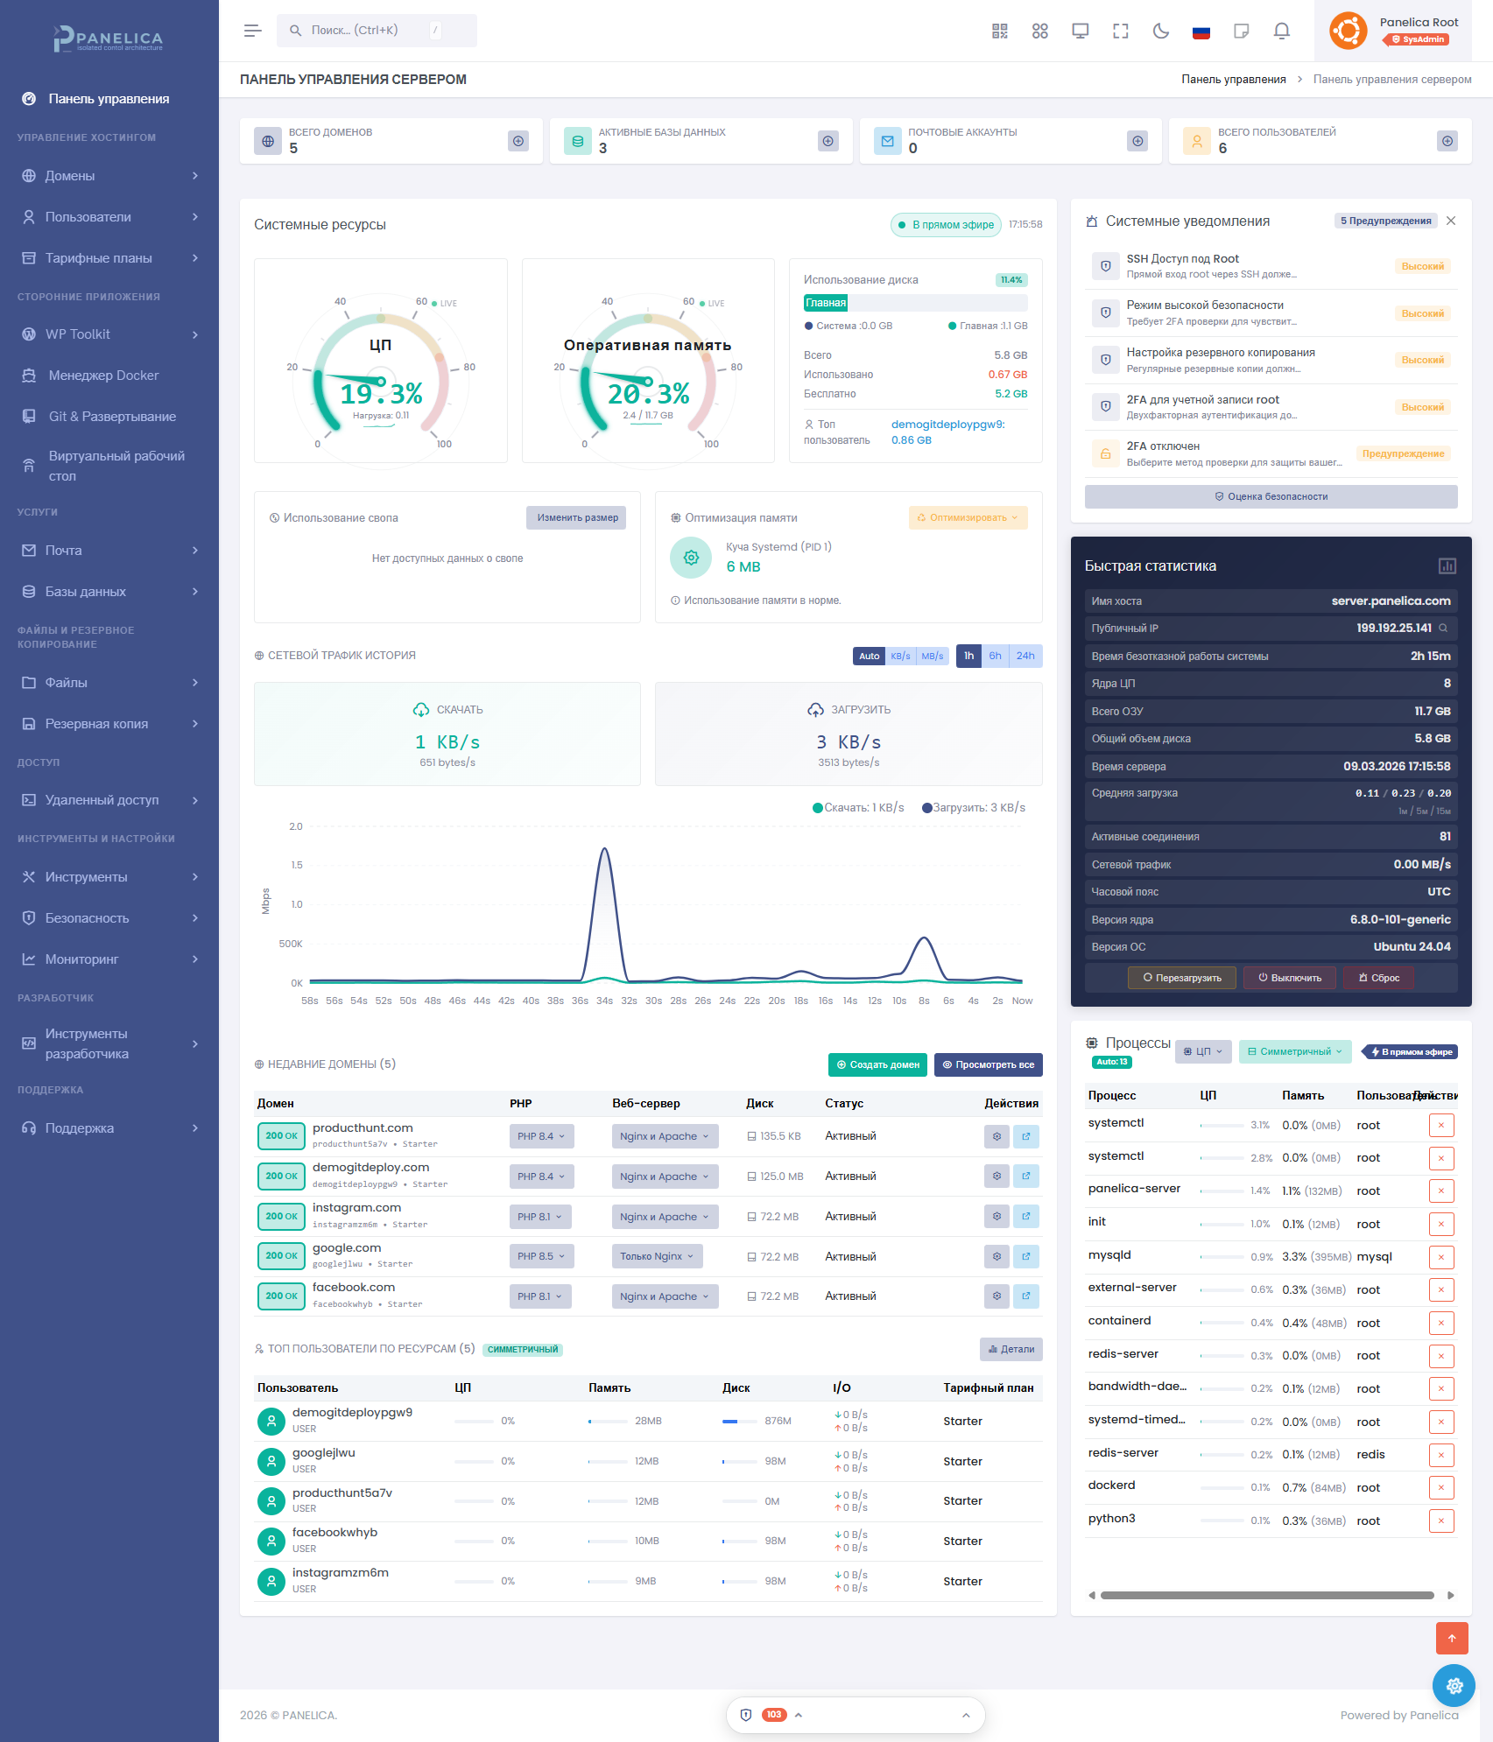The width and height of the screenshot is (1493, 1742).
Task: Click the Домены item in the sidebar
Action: [70, 176]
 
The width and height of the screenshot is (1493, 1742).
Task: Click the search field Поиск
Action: [368, 31]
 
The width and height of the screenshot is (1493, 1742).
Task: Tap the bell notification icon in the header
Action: [1281, 32]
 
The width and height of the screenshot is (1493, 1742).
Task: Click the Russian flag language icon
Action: [1201, 32]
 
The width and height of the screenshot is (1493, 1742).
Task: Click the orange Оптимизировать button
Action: [968, 518]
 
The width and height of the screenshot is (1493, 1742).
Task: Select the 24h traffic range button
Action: [1025, 656]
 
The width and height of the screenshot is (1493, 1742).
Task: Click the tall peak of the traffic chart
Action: [604, 850]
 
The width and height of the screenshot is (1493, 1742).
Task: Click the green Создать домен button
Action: [877, 1065]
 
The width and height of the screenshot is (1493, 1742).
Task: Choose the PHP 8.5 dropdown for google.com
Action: [541, 1257]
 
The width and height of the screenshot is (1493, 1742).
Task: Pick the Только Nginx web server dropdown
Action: [657, 1257]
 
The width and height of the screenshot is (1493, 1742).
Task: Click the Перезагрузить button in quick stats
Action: [1181, 979]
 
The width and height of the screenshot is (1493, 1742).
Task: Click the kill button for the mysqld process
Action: [1440, 1257]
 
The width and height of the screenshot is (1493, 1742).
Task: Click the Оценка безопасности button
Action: [1271, 497]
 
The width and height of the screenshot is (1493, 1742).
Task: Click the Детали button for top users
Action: [1011, 1350]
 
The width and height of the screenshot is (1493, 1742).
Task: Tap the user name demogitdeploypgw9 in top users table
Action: [352, 1413]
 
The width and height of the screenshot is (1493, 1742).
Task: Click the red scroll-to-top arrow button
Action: [1451, 1638]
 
